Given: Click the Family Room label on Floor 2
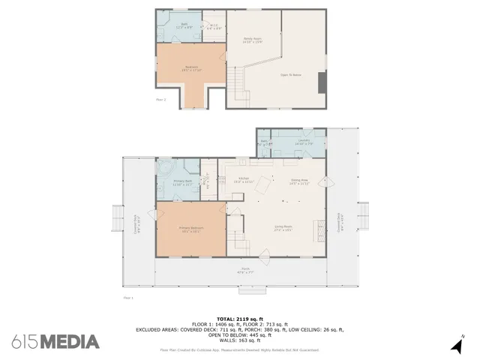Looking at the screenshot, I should point(252,40).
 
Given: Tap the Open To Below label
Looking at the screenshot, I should point(290,75).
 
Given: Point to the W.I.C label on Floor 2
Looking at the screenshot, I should point(214,28).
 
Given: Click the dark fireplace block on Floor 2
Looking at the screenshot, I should point(322,82).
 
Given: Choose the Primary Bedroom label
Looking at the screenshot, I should point(190,229).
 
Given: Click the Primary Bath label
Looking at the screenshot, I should point(183,182).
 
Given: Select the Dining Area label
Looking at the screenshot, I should point(299,181).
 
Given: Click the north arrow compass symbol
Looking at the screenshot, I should point(457,345).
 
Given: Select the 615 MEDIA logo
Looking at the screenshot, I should point(55,342).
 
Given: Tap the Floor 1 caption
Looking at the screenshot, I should point(127,298).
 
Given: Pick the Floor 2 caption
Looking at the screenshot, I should point(160,99).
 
